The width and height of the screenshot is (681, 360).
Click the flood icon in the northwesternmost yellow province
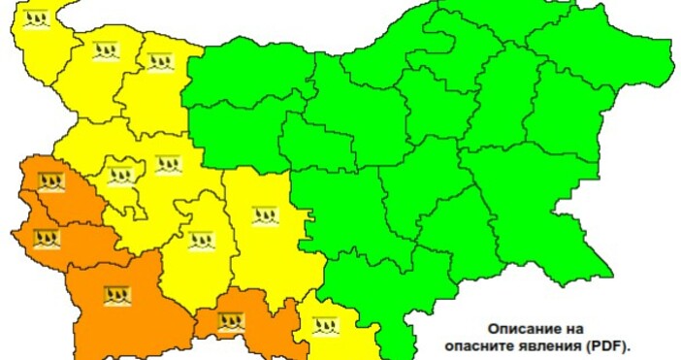pos(36,18)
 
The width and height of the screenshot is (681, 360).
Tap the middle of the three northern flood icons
pos(106,49)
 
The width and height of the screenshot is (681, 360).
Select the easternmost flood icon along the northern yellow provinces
pos(159,61)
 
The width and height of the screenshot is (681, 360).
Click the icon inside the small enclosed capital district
pos(120,177)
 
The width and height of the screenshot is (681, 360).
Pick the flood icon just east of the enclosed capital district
pos(168,164)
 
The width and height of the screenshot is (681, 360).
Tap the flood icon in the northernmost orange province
pos(50,181)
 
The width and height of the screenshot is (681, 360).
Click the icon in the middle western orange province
pos(47,237)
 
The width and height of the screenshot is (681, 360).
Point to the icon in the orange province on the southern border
pos(231,320)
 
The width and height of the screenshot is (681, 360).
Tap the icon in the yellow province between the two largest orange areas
pos(201,240)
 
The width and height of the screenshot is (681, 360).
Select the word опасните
pos(484,344)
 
